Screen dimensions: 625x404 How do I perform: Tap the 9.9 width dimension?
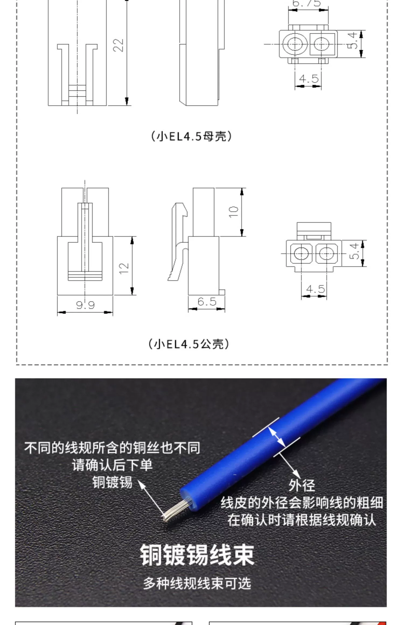coord(85,305)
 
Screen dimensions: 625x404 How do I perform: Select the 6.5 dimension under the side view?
coord(207,301)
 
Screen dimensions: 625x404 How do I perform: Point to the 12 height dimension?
coord(124,268)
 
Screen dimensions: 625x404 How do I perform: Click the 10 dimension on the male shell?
coord(234,212)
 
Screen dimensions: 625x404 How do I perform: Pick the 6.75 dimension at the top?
coord(307,3)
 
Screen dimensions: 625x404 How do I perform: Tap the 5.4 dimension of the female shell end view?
coord(353,41)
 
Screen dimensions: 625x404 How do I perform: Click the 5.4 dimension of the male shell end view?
coord(355,251)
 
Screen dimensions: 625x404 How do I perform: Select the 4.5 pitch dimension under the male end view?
coord(315,289)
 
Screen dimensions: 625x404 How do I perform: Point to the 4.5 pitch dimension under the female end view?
coord(309,79)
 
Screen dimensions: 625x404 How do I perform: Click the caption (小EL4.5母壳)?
coord(191,136)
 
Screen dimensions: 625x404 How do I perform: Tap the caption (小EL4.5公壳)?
coord(189,344)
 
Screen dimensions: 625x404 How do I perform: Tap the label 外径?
coord(302,485)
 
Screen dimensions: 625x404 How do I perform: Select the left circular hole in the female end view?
coord(295,44)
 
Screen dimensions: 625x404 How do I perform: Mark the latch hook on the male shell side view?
coord(179,210)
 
